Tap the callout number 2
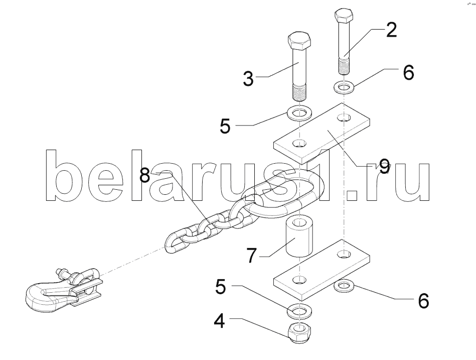click(391, 31)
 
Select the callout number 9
click(384, 166)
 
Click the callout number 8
click(145, 176)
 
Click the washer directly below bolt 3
click(299, 112)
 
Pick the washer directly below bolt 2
click(343, 88)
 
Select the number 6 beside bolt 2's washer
click(408, 73)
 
